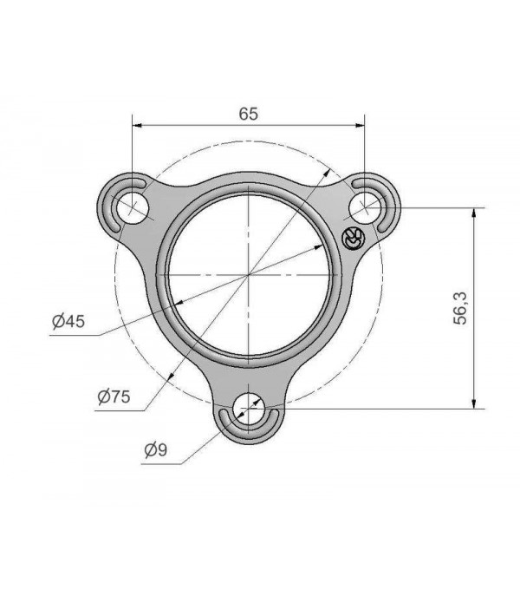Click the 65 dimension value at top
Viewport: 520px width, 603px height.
248,114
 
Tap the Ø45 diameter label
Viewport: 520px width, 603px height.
68,322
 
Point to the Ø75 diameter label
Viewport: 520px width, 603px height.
114,397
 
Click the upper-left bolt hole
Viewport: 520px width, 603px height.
133,206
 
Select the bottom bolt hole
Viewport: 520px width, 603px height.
250,406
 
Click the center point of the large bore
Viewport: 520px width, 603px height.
250,273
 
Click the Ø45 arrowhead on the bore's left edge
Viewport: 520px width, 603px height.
174,302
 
